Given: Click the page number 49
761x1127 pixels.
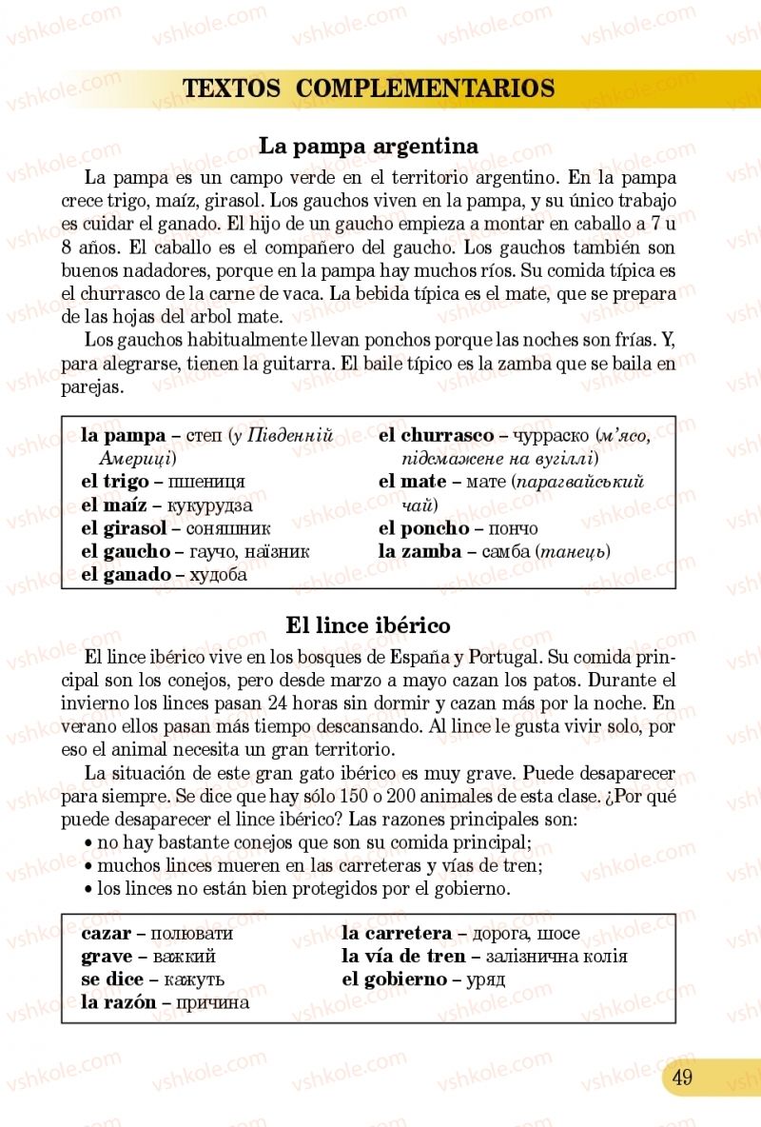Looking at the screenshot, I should tap(681, 1078).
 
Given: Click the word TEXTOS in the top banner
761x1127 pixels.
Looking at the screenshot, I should tap(231, 89).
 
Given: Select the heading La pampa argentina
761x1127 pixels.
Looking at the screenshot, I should tap(368, 147).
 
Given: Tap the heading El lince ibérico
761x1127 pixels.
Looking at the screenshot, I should tap(368, 625).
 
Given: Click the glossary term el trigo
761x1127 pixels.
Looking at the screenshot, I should tap(114, 482).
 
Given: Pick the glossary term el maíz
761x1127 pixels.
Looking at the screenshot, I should tap(113, 504).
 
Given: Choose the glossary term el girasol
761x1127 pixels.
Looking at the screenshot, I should tap(124, 527).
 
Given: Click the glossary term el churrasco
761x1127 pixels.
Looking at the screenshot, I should tap(436, 436).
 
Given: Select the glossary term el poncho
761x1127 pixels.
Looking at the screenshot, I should tap(423, 528).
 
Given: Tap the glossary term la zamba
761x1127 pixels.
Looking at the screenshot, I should tap(420, 551).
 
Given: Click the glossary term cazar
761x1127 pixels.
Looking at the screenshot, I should tap(106, 934).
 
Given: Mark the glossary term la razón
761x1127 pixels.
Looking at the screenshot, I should tap(118, 1002).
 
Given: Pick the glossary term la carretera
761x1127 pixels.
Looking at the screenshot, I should tap(397, 934).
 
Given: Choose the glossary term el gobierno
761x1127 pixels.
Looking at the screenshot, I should tap(394, 979).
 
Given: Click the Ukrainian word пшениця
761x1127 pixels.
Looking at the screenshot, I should tap(206, 482).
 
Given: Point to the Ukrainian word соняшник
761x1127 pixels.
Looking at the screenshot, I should tap(228, 527).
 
